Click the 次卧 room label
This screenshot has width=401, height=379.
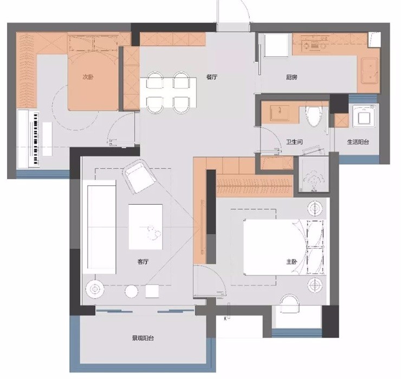coord(88,77)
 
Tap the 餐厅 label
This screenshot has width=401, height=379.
coord(212,77)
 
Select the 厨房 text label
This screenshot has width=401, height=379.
coord(292,77)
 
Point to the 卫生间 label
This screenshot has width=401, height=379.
coord(294,142)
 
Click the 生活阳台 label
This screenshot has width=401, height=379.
coord(358,142)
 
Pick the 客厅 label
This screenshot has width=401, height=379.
coord(143,262)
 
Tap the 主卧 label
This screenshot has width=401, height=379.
coord(292,262)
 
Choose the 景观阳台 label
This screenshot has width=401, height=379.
coord(143,338)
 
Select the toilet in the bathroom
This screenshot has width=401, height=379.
coord(314,116)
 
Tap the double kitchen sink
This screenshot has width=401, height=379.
coord(370,71)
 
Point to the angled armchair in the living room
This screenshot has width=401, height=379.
coord(139,175)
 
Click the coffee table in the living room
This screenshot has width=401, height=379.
coord(146,227)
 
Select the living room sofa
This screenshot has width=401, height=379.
coord(99,227)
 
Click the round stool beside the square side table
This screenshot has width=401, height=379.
coord(132,292)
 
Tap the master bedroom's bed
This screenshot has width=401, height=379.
coord(284,247)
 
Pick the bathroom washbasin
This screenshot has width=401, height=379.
coord(280,112)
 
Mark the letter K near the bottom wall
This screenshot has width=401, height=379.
coord(225,319)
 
